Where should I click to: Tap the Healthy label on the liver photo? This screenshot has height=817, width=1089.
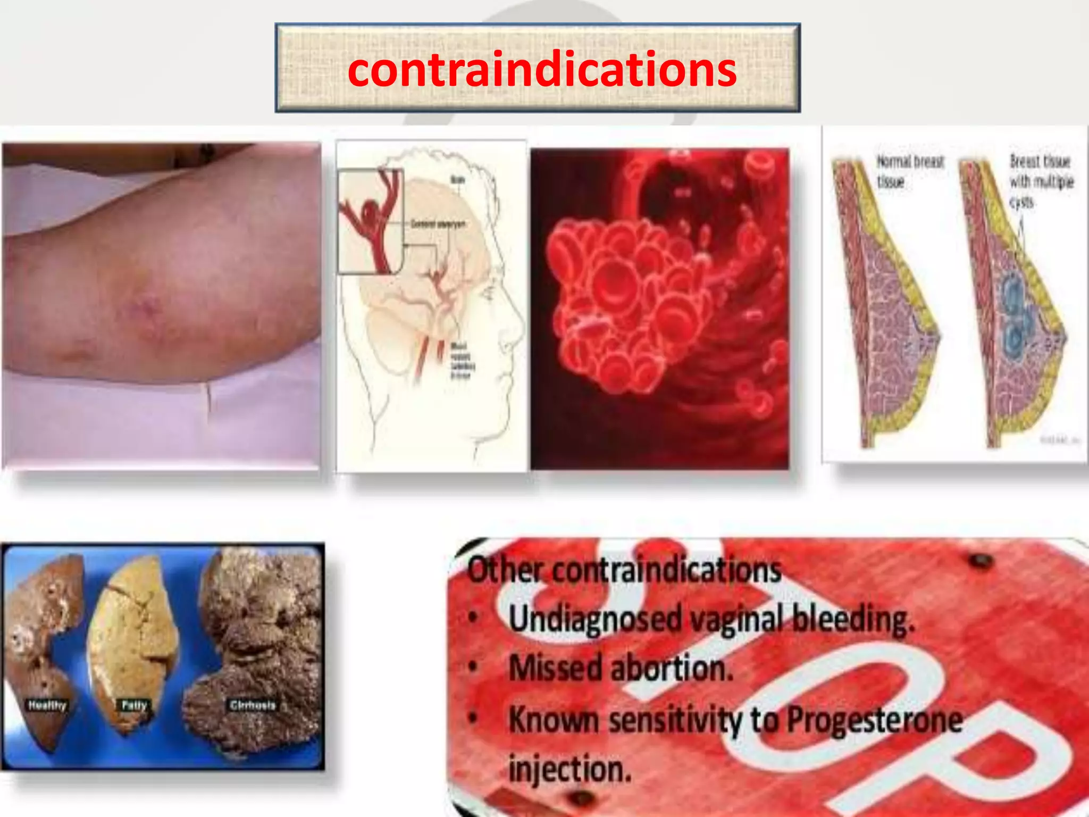coord(47,705)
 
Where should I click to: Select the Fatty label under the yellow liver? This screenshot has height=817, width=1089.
coord(134,705)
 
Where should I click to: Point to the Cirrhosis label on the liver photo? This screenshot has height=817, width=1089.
coord(253,705)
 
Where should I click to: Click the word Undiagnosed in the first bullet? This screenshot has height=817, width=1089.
coord(594,619)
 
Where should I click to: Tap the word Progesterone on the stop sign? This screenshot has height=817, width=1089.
coord(874,720)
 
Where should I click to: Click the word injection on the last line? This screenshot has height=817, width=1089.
coord(569,769)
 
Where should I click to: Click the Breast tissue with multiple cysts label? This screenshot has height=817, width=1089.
coord(1040,181)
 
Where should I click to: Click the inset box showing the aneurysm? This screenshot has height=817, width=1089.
coord(371,221)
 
